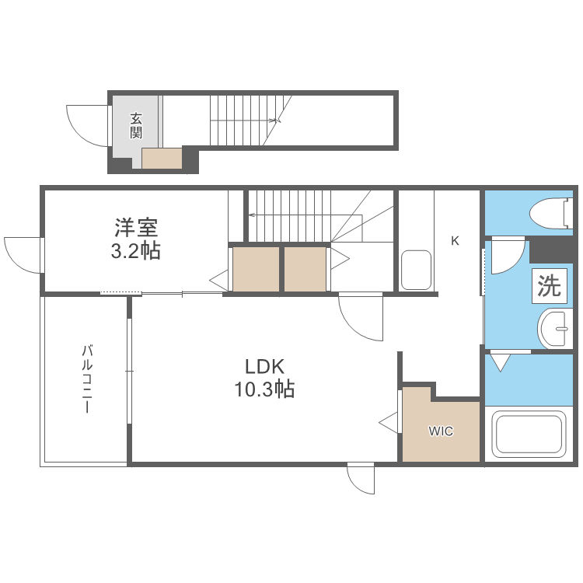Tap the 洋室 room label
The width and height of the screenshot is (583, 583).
pos(136,229)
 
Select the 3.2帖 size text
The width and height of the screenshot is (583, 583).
pos(136,251)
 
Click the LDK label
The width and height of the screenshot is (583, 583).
pos(264,366)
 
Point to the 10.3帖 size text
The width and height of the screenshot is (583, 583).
pos(264,389)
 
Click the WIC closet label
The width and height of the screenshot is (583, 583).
pos(441,431)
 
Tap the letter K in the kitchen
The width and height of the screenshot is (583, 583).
pos(456,240)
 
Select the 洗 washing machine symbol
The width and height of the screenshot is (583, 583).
pos(550,287)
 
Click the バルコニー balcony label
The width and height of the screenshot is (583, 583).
pos(87,379)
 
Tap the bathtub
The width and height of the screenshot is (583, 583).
pos(529,435)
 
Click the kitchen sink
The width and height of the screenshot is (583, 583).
pos(416,270)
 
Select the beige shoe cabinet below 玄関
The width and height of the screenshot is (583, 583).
pos(162,159)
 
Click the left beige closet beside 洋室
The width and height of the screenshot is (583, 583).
pos(256,269)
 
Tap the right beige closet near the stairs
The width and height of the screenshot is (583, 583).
pos(305,269)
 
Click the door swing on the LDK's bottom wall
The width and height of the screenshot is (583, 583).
pos(361,477)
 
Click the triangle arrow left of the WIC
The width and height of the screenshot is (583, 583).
pos(388,423)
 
